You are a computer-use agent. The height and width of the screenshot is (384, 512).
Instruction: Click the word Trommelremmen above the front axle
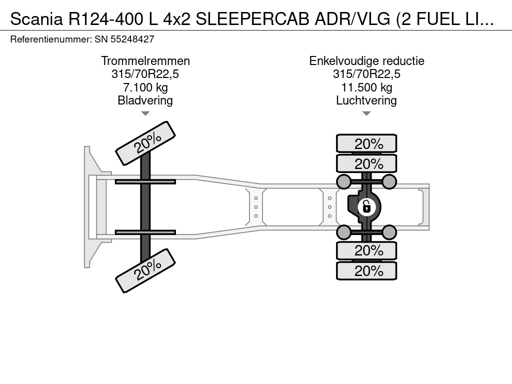(x=145, y=61)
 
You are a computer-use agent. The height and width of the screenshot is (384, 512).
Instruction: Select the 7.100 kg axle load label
(x=145, y=87)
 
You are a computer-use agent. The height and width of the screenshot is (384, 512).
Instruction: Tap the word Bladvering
(x=145, y=100)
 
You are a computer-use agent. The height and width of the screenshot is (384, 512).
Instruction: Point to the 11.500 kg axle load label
(x=366, y=87)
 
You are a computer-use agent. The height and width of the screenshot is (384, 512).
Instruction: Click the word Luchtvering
(x=366, y=100)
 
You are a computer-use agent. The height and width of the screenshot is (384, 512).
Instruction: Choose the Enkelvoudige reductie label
(x=366, y=61)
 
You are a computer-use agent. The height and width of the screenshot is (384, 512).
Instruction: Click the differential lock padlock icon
(x=366, y=206)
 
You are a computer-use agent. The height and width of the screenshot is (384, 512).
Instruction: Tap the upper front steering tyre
(x=145, y=143)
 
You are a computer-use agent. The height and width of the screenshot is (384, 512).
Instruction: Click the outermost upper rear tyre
(x=366, y=143)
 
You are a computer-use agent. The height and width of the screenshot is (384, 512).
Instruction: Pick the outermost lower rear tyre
(x=366, y=271)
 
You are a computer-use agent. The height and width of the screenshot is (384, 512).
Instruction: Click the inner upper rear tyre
(x=366, y=163)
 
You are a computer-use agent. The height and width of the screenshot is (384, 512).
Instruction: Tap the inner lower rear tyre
(x=366, y=250)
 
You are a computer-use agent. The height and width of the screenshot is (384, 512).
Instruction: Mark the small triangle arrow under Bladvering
(x=145, y=113)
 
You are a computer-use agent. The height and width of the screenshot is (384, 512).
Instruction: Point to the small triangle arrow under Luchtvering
(x=366, y=113)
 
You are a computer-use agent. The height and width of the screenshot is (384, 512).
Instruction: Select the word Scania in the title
(x=33, y=19)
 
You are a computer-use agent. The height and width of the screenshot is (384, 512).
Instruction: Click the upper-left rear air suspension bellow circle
(x=344, y=181)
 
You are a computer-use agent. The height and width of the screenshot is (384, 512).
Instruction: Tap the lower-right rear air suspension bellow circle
(x=389, y=231)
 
